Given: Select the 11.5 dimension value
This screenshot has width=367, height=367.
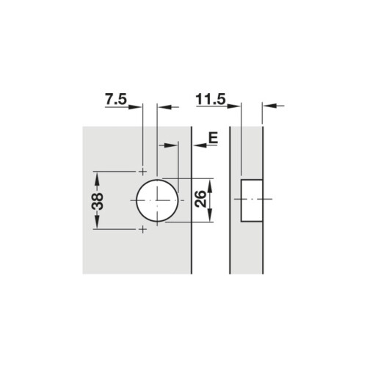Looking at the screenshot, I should click(211, 98).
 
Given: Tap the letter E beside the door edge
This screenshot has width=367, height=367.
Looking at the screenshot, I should click(213, 136).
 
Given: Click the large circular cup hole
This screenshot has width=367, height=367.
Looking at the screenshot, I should click(156, 200).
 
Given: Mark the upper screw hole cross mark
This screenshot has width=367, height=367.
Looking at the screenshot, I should click(142, 170).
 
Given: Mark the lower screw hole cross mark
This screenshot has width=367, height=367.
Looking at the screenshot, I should click(142, 230).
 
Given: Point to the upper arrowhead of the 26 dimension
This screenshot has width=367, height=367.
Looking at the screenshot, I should click(211, 183).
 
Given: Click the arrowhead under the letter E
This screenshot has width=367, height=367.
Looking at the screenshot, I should click(198, 145).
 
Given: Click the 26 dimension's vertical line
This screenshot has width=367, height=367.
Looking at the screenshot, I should click(211, 200).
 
